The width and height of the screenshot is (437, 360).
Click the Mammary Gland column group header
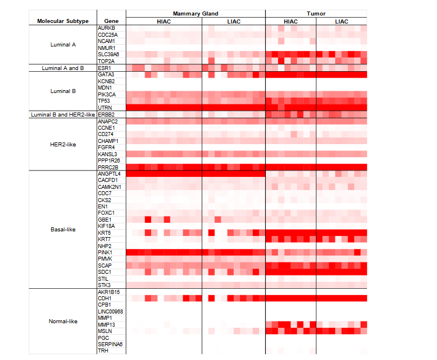[x=195, y=13]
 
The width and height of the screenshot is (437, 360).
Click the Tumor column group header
[x=316, y=13]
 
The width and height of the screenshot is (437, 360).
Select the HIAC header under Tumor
[x=291, y=21]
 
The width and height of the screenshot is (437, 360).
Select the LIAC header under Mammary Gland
[x=234, y=21]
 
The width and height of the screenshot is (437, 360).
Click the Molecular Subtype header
[x=63, y=21]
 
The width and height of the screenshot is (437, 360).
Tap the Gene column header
[x=111, y=21]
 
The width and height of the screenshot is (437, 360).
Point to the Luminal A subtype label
[x=63, y=44]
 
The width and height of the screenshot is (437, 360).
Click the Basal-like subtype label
[x=63, y=230]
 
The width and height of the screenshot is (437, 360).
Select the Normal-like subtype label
[x=63, y=322]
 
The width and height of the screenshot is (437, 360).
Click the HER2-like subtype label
[x=63, y=144]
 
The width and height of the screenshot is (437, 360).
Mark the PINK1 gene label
[x=105, y=253]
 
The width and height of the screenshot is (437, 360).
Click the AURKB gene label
[x=106, y=28]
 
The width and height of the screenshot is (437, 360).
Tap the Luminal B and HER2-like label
[x=63, y=115]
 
